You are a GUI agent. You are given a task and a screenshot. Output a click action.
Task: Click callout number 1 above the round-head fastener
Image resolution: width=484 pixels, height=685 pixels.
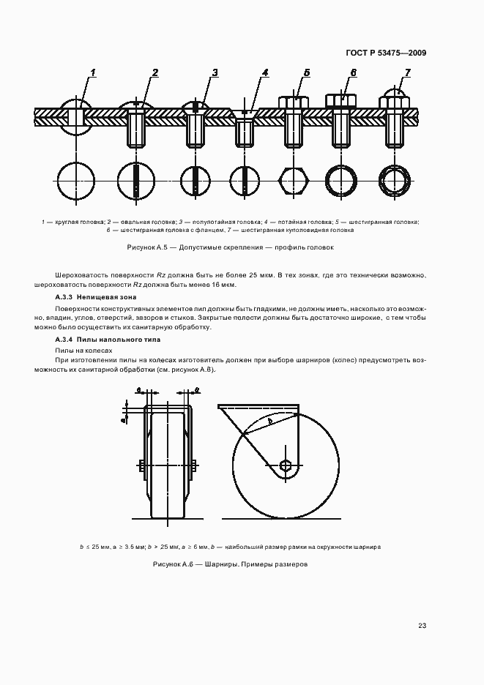click(93, 72)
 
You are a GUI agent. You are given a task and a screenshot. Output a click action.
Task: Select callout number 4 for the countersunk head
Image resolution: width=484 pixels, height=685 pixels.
click(265, 72)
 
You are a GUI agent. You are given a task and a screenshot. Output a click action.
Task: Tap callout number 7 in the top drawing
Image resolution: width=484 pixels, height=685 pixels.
click(407, 72)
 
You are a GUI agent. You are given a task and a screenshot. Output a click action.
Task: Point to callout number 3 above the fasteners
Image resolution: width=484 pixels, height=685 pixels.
click(215, 72)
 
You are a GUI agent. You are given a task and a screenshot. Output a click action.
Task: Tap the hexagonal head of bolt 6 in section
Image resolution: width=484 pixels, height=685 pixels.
click(340, 100)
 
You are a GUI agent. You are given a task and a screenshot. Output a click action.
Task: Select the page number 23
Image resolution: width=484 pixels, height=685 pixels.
click(422, 625)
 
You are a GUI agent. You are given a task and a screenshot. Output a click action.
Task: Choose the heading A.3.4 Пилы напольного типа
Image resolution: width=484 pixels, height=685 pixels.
click(98, 340)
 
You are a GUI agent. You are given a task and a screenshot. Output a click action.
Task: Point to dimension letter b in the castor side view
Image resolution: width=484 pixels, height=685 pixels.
click(269, 422)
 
